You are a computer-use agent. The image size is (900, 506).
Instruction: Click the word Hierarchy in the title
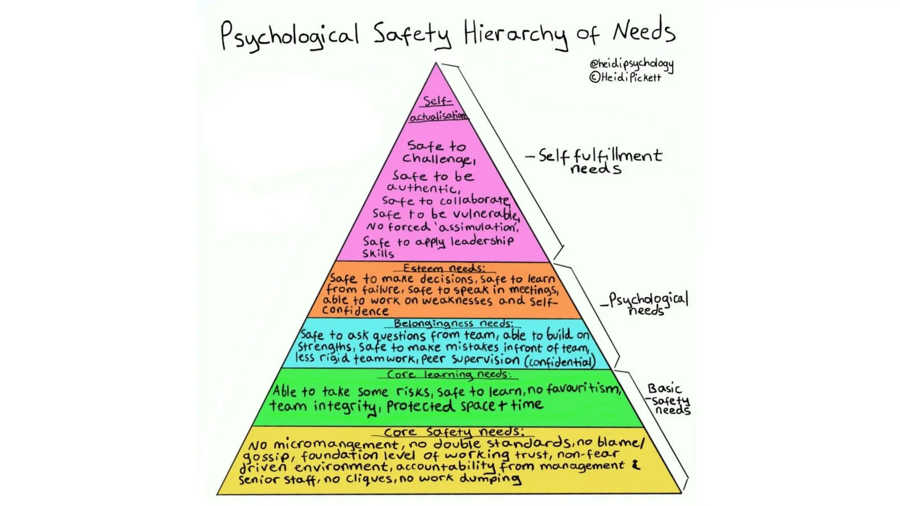tap(515, 34)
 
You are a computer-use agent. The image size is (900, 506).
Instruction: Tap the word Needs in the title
tap(644, 32)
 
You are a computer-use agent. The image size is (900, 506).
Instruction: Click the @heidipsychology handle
tap(631, 64)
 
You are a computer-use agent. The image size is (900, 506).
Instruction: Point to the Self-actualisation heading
tap(438, 108)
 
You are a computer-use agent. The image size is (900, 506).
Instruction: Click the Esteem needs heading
tap(444, 268)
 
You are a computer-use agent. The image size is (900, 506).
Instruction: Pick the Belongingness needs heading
tap(453, 324)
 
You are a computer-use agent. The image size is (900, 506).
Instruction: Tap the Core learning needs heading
tap(449, 375)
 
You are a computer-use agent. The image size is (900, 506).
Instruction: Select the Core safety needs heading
tap(454, 432)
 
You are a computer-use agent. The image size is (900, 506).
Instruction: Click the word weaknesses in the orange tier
tap(457, 301)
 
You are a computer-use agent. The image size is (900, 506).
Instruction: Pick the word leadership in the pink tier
tap(482, 241)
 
